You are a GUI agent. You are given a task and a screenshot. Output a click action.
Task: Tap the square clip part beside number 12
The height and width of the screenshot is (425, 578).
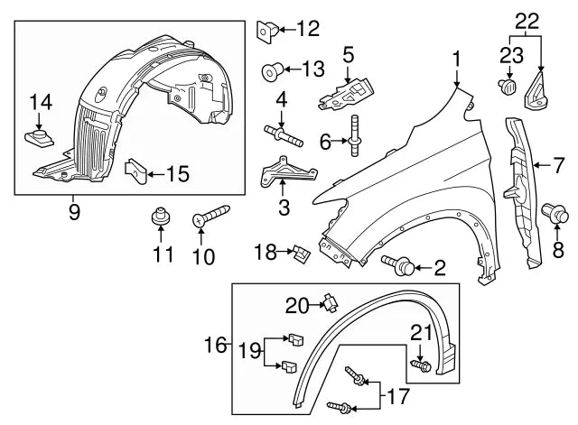pyautogui.click(x=266, y=29)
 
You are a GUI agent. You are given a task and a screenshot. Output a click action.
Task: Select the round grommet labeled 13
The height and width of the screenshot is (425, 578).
pyautogui.click(x=269, y=69)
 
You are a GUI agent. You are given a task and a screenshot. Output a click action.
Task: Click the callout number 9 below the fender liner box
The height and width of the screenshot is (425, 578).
pyautogui.click(x=74, y=212)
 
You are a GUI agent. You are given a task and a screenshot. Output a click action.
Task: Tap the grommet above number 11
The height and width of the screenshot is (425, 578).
pyautogui.click(x=161, y=217)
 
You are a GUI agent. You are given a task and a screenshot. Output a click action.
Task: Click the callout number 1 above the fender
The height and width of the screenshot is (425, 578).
pyautogui.click(x=458, y=60)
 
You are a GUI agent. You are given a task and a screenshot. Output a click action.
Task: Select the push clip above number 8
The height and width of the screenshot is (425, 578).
pyautogui.click(x=555, y=215)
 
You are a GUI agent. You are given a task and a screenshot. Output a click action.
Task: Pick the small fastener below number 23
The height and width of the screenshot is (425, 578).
pyautogui.click(x=507, y=88)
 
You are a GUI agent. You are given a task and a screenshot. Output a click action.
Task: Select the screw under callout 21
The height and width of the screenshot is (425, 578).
pyautogui.click(x=422, y=366)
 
